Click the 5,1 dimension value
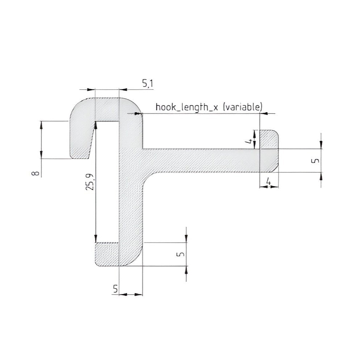pos(148,84)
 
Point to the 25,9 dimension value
pos(90,182)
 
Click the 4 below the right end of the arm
pos(268,181)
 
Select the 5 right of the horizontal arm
pos(316,160)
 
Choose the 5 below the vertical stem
pos(116,289)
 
